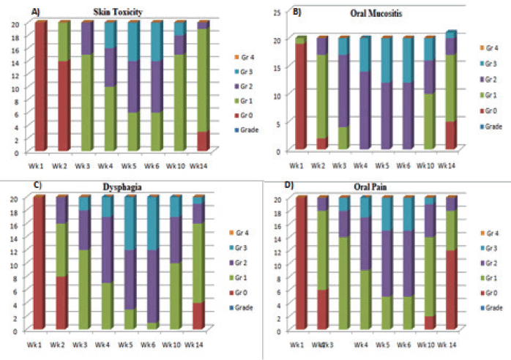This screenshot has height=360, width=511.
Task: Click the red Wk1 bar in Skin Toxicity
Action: (41, 86)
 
